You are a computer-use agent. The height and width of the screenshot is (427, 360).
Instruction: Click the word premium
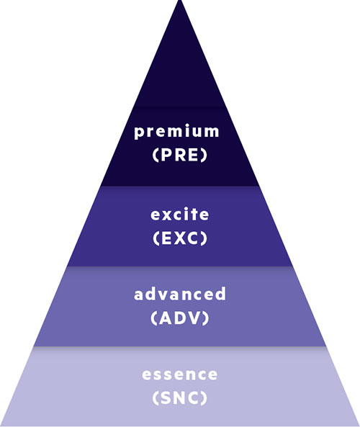click(176, 132)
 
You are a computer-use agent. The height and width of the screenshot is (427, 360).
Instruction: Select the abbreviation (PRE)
click(180, 155)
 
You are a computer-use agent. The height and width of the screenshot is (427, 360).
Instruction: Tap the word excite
click(180, 214)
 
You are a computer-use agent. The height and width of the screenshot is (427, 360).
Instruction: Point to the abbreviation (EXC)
click(180, 238)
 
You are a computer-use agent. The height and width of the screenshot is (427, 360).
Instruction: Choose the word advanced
click(180, 294)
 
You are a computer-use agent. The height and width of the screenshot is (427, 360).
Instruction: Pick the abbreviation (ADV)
click(180, 318)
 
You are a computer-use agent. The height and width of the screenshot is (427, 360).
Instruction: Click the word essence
click(180, 374)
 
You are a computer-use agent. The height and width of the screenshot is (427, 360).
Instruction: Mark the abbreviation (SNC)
click(180, 397)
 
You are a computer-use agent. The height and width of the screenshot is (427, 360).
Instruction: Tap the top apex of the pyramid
click(180, 1)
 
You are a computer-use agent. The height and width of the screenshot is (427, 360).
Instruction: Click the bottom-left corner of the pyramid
click(1, 426)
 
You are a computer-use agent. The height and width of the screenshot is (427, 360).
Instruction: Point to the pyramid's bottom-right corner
click(359, 426)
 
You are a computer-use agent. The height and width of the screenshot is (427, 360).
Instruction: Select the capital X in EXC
click(181, 238)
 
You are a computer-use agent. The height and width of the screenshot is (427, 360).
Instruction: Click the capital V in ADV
click(194, 318)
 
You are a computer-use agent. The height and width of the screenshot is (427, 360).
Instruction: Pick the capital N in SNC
click(180, 397)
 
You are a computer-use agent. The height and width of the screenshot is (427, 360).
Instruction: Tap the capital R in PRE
click(181, 155)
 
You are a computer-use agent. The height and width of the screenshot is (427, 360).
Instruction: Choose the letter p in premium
click(139, 133)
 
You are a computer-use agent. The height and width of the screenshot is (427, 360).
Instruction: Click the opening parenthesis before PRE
click(156, 155)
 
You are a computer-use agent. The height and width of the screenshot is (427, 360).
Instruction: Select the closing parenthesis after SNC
click(204, 397)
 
